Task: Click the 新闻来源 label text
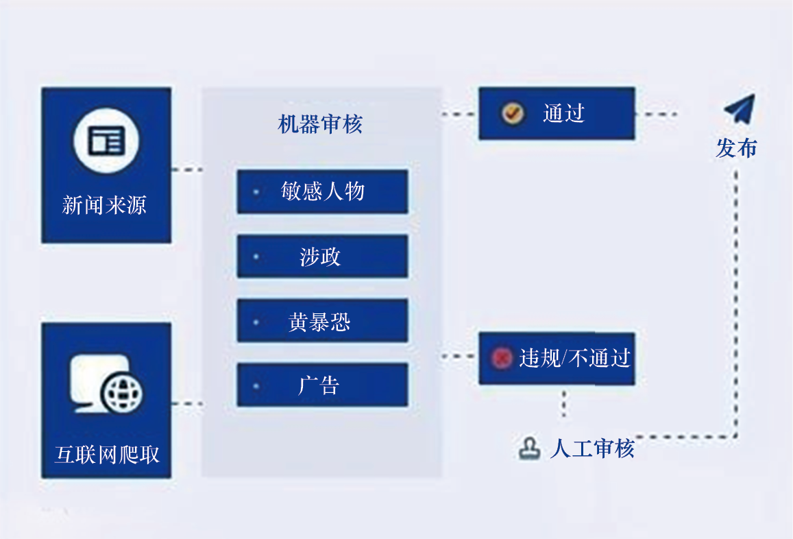tap(104, 205)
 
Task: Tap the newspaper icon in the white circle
tap(106, 141)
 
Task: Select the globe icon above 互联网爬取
tap(122, 392)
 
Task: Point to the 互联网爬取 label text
tap(107, 455)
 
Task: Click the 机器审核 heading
tap(320, 124)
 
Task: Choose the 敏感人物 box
tap(322, 191)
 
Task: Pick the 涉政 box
tap(322, 256)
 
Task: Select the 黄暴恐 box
tap(322, 321)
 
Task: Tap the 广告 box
tap(322, 385)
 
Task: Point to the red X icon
tap(502, 357)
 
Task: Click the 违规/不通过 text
tap(574, 358)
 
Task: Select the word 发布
tap(736, 147)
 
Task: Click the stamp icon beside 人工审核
tap(529, 448)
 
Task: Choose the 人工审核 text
tap(592, 448)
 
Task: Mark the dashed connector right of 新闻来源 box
tap(186, 169)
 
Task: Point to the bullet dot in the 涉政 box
tap(256, 257)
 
